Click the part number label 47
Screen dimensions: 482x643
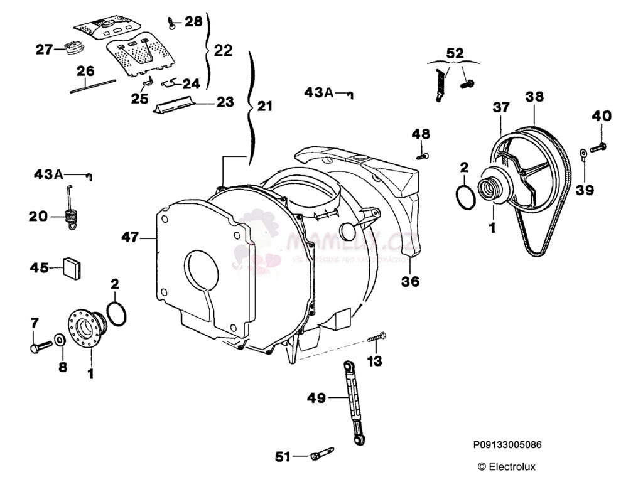[x=130, y=237]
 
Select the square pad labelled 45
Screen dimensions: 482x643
[x=73, y=267]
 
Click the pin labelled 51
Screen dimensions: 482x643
[x=321, y=454]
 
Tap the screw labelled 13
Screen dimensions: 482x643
[x=376, y=338]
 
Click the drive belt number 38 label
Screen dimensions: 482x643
[x=534, y=97]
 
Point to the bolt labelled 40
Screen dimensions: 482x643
[x=598, y=147]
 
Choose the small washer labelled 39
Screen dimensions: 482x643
[x=583, y=152]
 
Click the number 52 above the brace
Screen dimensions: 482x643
[x=455, y=52]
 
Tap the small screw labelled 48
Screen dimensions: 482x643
[x=424, y=154]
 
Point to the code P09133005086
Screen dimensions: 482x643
[x=507, y=445]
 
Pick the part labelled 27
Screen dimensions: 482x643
[x=75, y=48]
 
